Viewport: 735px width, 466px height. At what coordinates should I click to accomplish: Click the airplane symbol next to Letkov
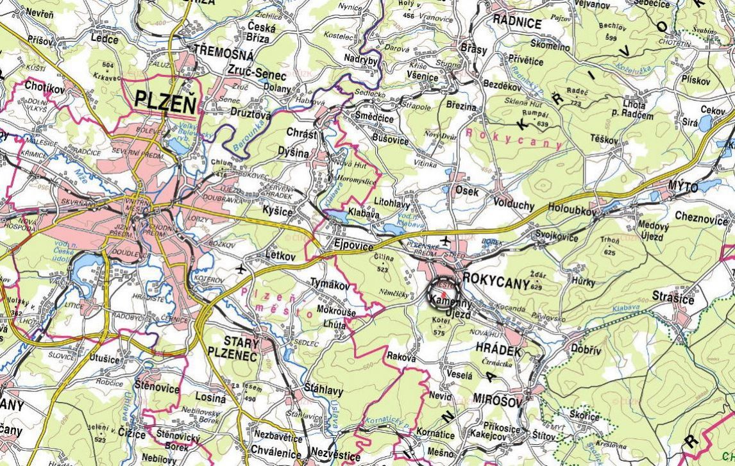(241, 268)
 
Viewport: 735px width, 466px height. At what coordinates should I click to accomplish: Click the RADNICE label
(517, 22)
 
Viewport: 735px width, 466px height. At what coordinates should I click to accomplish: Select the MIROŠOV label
(498, 399)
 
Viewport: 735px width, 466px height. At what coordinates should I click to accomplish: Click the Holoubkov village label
(573, 209)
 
